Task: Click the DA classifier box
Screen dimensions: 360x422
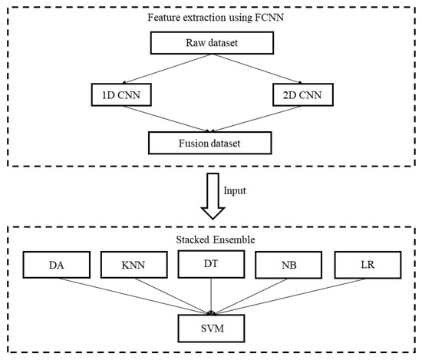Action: pyautogui.click(x=56, y=266)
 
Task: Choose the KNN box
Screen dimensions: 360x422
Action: pyautogui.click(x=133, y=266)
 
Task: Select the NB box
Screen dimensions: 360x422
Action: pyautogui.click(x=287, y=266)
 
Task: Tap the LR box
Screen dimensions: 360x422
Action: pyautogui.click(x=364, y=266)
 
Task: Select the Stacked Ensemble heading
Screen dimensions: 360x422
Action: pyautogui.click(x=210, y=239)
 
